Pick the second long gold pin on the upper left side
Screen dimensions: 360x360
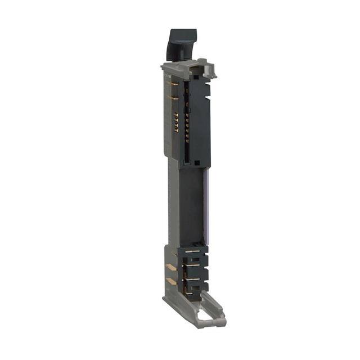click(x=174, y=98)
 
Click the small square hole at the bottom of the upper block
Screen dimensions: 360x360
click(x=186, y=163)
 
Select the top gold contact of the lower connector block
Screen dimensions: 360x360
click(x=192, y=251)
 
